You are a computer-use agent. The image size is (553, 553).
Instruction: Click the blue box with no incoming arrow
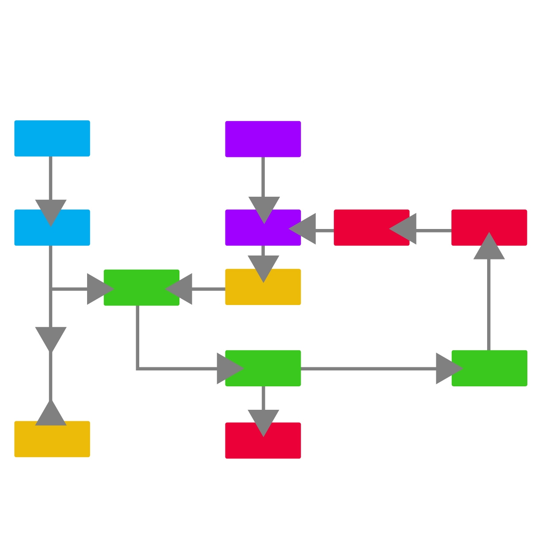[x=52, y=138]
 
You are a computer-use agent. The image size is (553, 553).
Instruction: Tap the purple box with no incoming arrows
[x=263, y=139]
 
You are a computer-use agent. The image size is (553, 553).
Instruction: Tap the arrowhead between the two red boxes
[x=403, y=229]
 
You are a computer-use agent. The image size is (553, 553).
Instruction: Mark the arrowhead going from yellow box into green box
[x=179, y=289]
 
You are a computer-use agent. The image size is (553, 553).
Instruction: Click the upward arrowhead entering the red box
[x=489, y=246]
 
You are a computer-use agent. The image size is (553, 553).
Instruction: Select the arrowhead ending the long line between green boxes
[x=449, y=368]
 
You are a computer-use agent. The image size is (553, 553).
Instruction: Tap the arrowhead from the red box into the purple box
[x=303, y=229]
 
